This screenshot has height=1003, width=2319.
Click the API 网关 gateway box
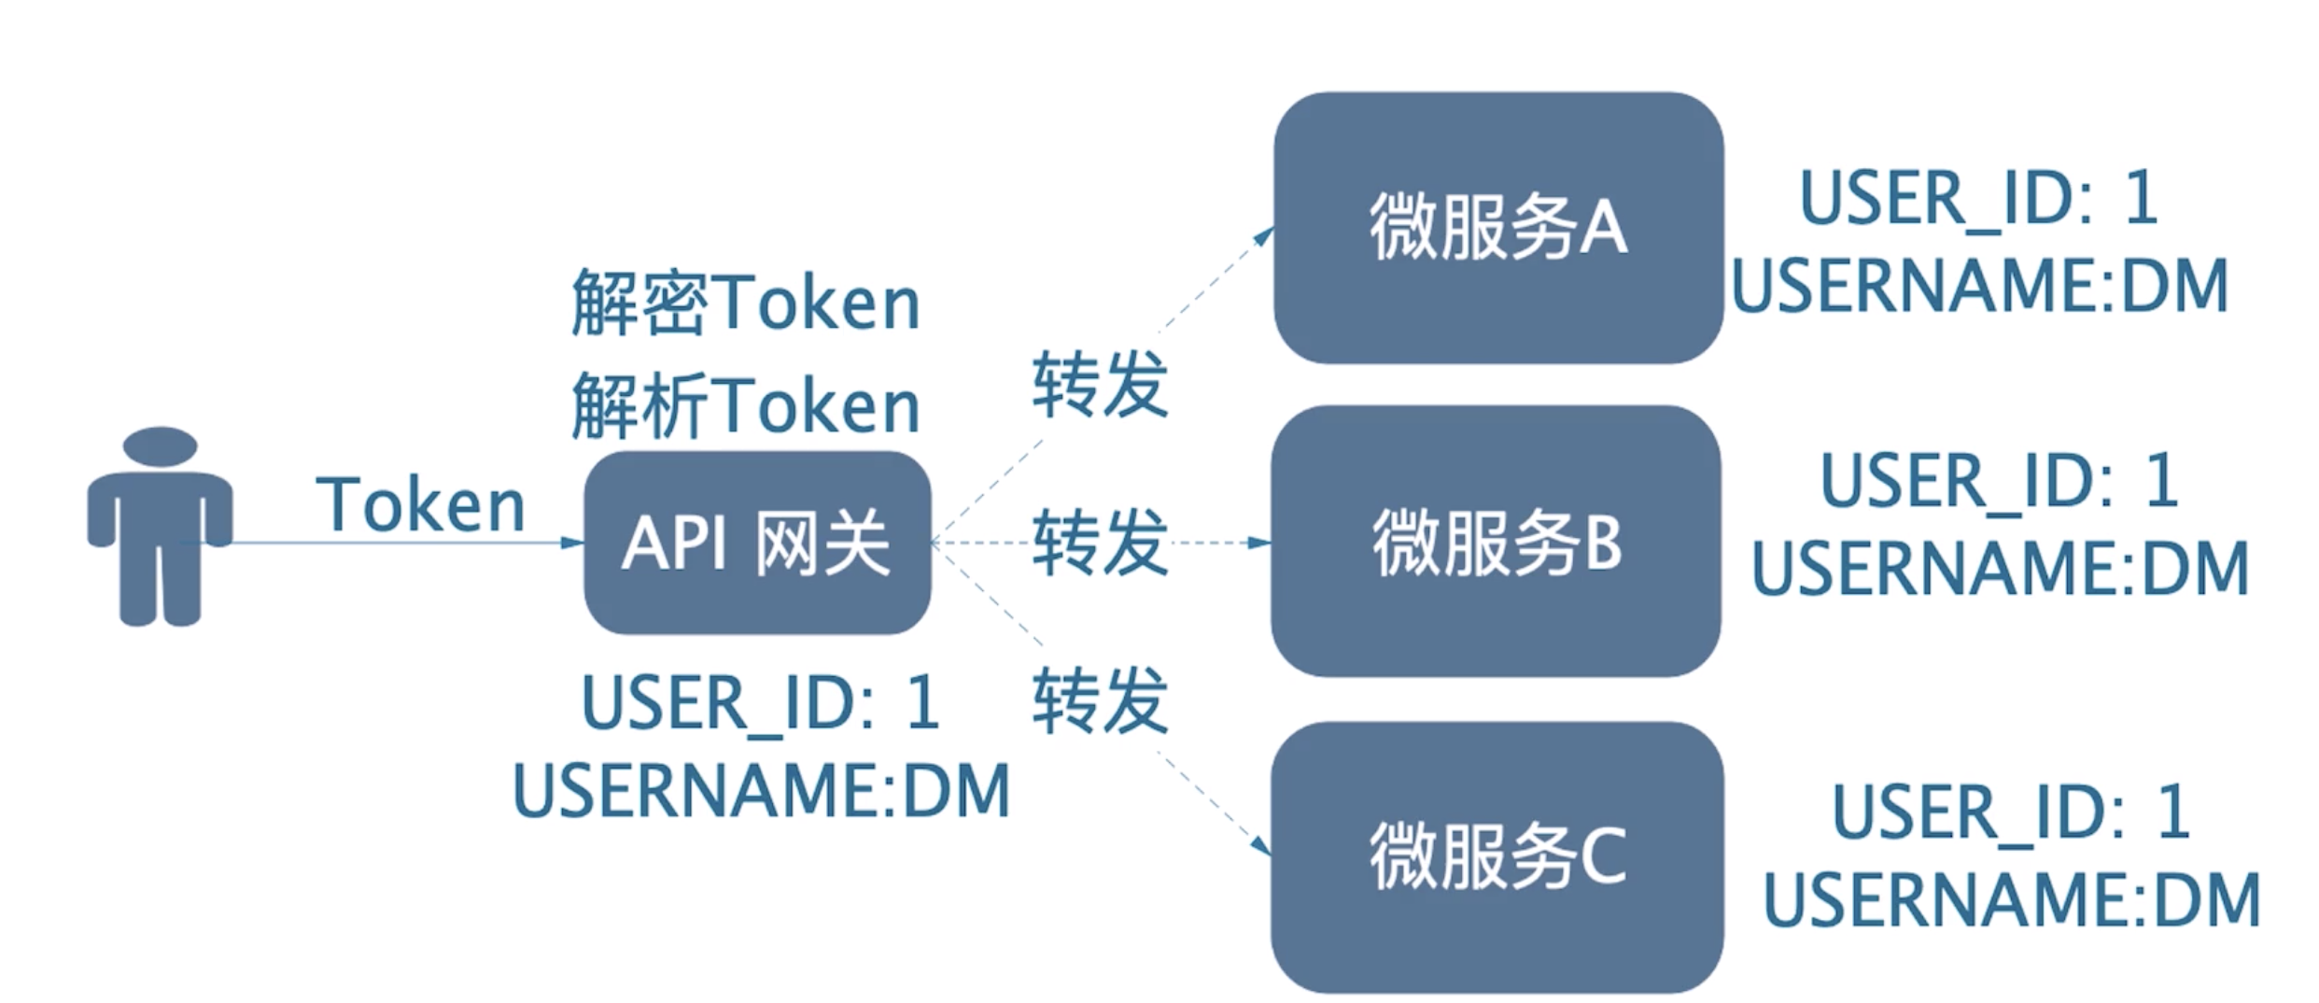757,543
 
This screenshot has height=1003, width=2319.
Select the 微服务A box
1498,227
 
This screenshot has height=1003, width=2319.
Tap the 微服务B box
1496,541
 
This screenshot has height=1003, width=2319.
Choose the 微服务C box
1497,856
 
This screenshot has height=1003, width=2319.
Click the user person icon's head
161,445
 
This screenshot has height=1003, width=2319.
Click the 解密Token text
746,301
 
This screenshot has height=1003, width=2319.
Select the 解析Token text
746,404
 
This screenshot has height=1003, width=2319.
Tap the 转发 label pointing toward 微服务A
1100,384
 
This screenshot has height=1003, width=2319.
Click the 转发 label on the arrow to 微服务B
1100,542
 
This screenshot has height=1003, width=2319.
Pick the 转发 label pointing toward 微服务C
1100,699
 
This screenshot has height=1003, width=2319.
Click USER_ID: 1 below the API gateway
760,703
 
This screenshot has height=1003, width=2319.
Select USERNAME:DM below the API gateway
762,790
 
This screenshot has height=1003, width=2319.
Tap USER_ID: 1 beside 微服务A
1978,199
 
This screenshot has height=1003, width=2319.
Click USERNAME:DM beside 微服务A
1980,285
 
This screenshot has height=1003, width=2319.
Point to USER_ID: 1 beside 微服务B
2000,482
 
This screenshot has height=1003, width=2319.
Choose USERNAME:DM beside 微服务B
2001,568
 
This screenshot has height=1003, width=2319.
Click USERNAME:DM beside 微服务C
2012,899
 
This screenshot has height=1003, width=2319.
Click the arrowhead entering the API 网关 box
572,543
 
